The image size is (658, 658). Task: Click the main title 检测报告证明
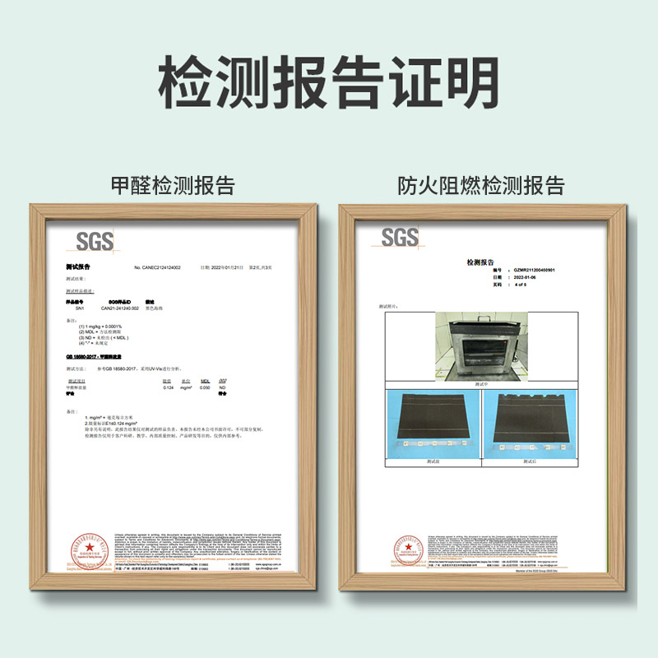click(329, 80)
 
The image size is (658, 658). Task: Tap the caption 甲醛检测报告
click(173, 183)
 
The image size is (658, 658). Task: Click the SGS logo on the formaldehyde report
click(95, 241)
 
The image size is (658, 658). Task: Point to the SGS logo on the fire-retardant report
click(400, 238)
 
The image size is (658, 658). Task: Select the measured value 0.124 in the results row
click(168, 387)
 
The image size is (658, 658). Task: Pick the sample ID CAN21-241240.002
click(121, 308)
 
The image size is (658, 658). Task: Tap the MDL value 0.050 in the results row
click(206, 387)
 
